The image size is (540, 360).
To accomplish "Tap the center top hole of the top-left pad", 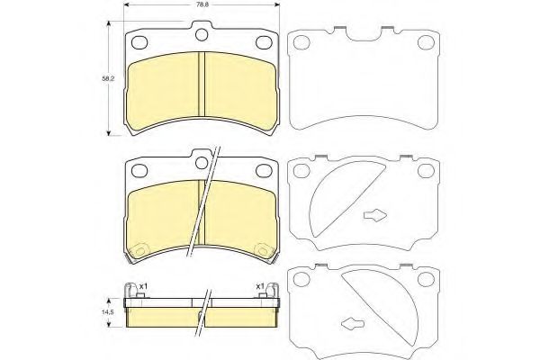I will point(202,36).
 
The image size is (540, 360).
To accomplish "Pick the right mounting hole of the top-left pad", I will point(264,41).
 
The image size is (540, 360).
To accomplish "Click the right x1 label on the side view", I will point(260,287).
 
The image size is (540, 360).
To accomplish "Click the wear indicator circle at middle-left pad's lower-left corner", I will point(138,249).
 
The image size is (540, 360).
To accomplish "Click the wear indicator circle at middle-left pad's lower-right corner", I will point(264,249).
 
